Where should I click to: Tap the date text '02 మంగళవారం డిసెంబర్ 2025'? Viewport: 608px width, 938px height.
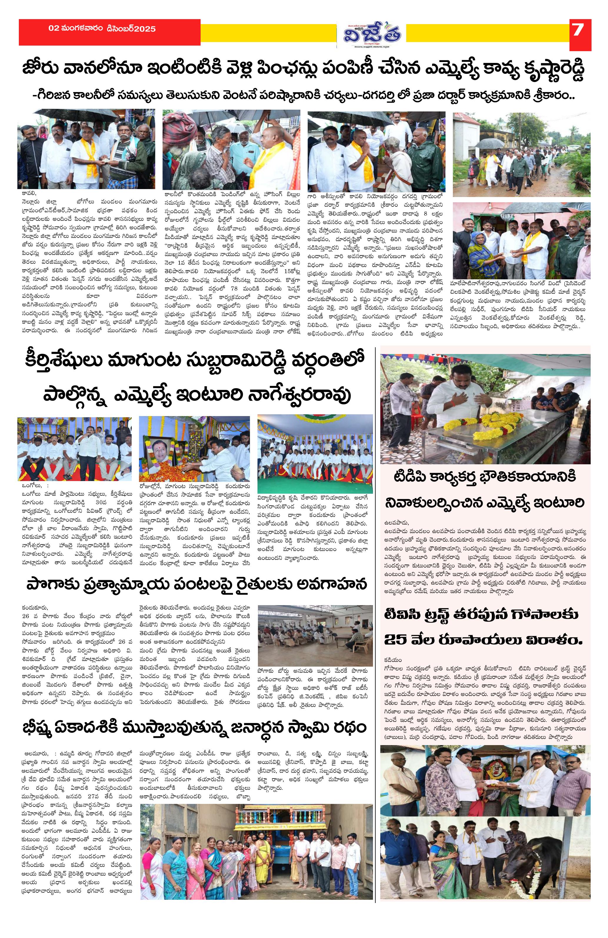point(102,29)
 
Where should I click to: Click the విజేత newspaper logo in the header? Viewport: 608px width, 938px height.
point(371,34)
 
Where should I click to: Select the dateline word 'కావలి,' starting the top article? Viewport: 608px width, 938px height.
point(29,193)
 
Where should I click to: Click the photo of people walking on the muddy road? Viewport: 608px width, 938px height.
point(521,154)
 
